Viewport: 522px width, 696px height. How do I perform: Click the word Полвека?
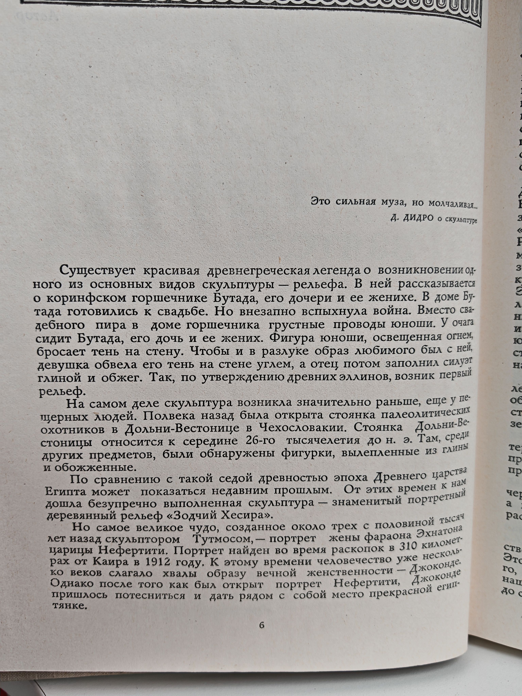(171, 416)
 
